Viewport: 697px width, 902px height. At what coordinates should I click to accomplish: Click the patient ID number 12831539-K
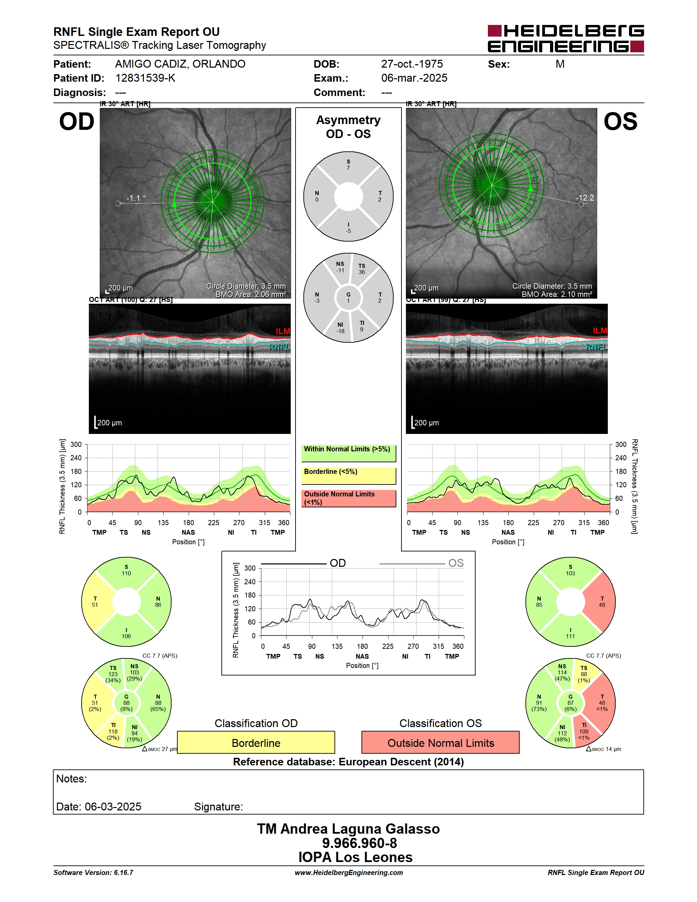click(145, 78)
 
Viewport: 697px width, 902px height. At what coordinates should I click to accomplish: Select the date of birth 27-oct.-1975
click(412, 64)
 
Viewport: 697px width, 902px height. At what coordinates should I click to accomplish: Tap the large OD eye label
click(77, 122)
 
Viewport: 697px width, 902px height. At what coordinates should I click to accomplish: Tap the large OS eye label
click(620, 122)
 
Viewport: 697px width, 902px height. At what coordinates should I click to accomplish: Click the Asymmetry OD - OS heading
click(348, 127)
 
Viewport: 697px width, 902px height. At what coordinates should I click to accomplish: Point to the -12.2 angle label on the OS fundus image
click(585, 198)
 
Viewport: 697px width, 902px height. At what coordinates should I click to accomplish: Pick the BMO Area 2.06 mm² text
click(251, 295)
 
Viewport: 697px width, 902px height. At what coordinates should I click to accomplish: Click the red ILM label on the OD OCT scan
click(283, 331)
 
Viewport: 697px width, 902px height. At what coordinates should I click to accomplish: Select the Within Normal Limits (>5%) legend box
click(348, 453)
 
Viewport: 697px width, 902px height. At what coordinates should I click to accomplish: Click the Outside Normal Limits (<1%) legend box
click(348, 498)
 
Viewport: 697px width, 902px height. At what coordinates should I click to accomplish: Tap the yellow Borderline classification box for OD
click(256, 742)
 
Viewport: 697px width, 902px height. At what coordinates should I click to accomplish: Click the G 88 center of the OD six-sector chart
click(126, 702)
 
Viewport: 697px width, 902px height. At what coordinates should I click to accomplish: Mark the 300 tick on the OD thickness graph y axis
click(76, 445)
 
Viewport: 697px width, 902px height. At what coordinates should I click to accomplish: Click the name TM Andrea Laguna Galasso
click(348, 829)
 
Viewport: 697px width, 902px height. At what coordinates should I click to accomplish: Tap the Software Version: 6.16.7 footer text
click(93, 872)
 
